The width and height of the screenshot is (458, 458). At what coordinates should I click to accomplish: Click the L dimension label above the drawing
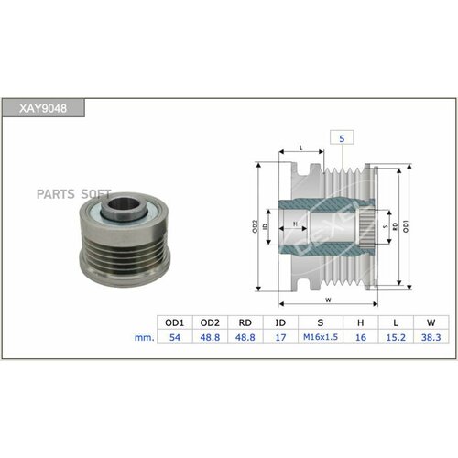(x=300, y=147)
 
